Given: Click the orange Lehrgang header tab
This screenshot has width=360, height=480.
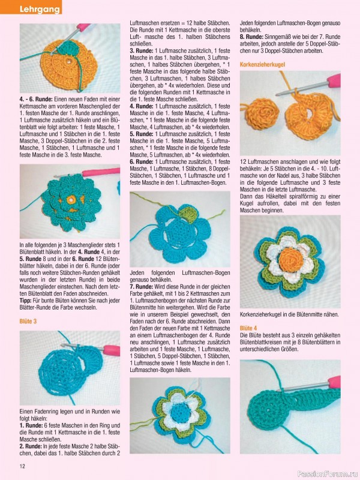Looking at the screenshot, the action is coord(31,7).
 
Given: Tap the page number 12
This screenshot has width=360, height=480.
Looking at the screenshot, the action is coord(22,466).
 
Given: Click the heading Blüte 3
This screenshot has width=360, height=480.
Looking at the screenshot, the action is coord(28,321).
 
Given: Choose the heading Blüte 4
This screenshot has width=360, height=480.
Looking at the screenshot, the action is coord(248,328).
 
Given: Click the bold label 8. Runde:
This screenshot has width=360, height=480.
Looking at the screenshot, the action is coord(251,37).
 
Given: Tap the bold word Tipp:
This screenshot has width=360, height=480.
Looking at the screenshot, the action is coord(25,301).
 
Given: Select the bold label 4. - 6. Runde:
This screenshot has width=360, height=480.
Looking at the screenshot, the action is coord(37,99).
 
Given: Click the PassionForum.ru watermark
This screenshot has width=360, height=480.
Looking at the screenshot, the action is coord(328,474).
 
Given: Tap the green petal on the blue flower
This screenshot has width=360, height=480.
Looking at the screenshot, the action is coord(188,214).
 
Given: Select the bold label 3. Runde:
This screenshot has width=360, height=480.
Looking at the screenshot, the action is coord(142,50).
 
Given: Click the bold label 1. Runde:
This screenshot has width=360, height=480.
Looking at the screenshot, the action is coord(31,425).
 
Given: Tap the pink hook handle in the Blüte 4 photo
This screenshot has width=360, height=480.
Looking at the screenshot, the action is coord(334,382).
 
